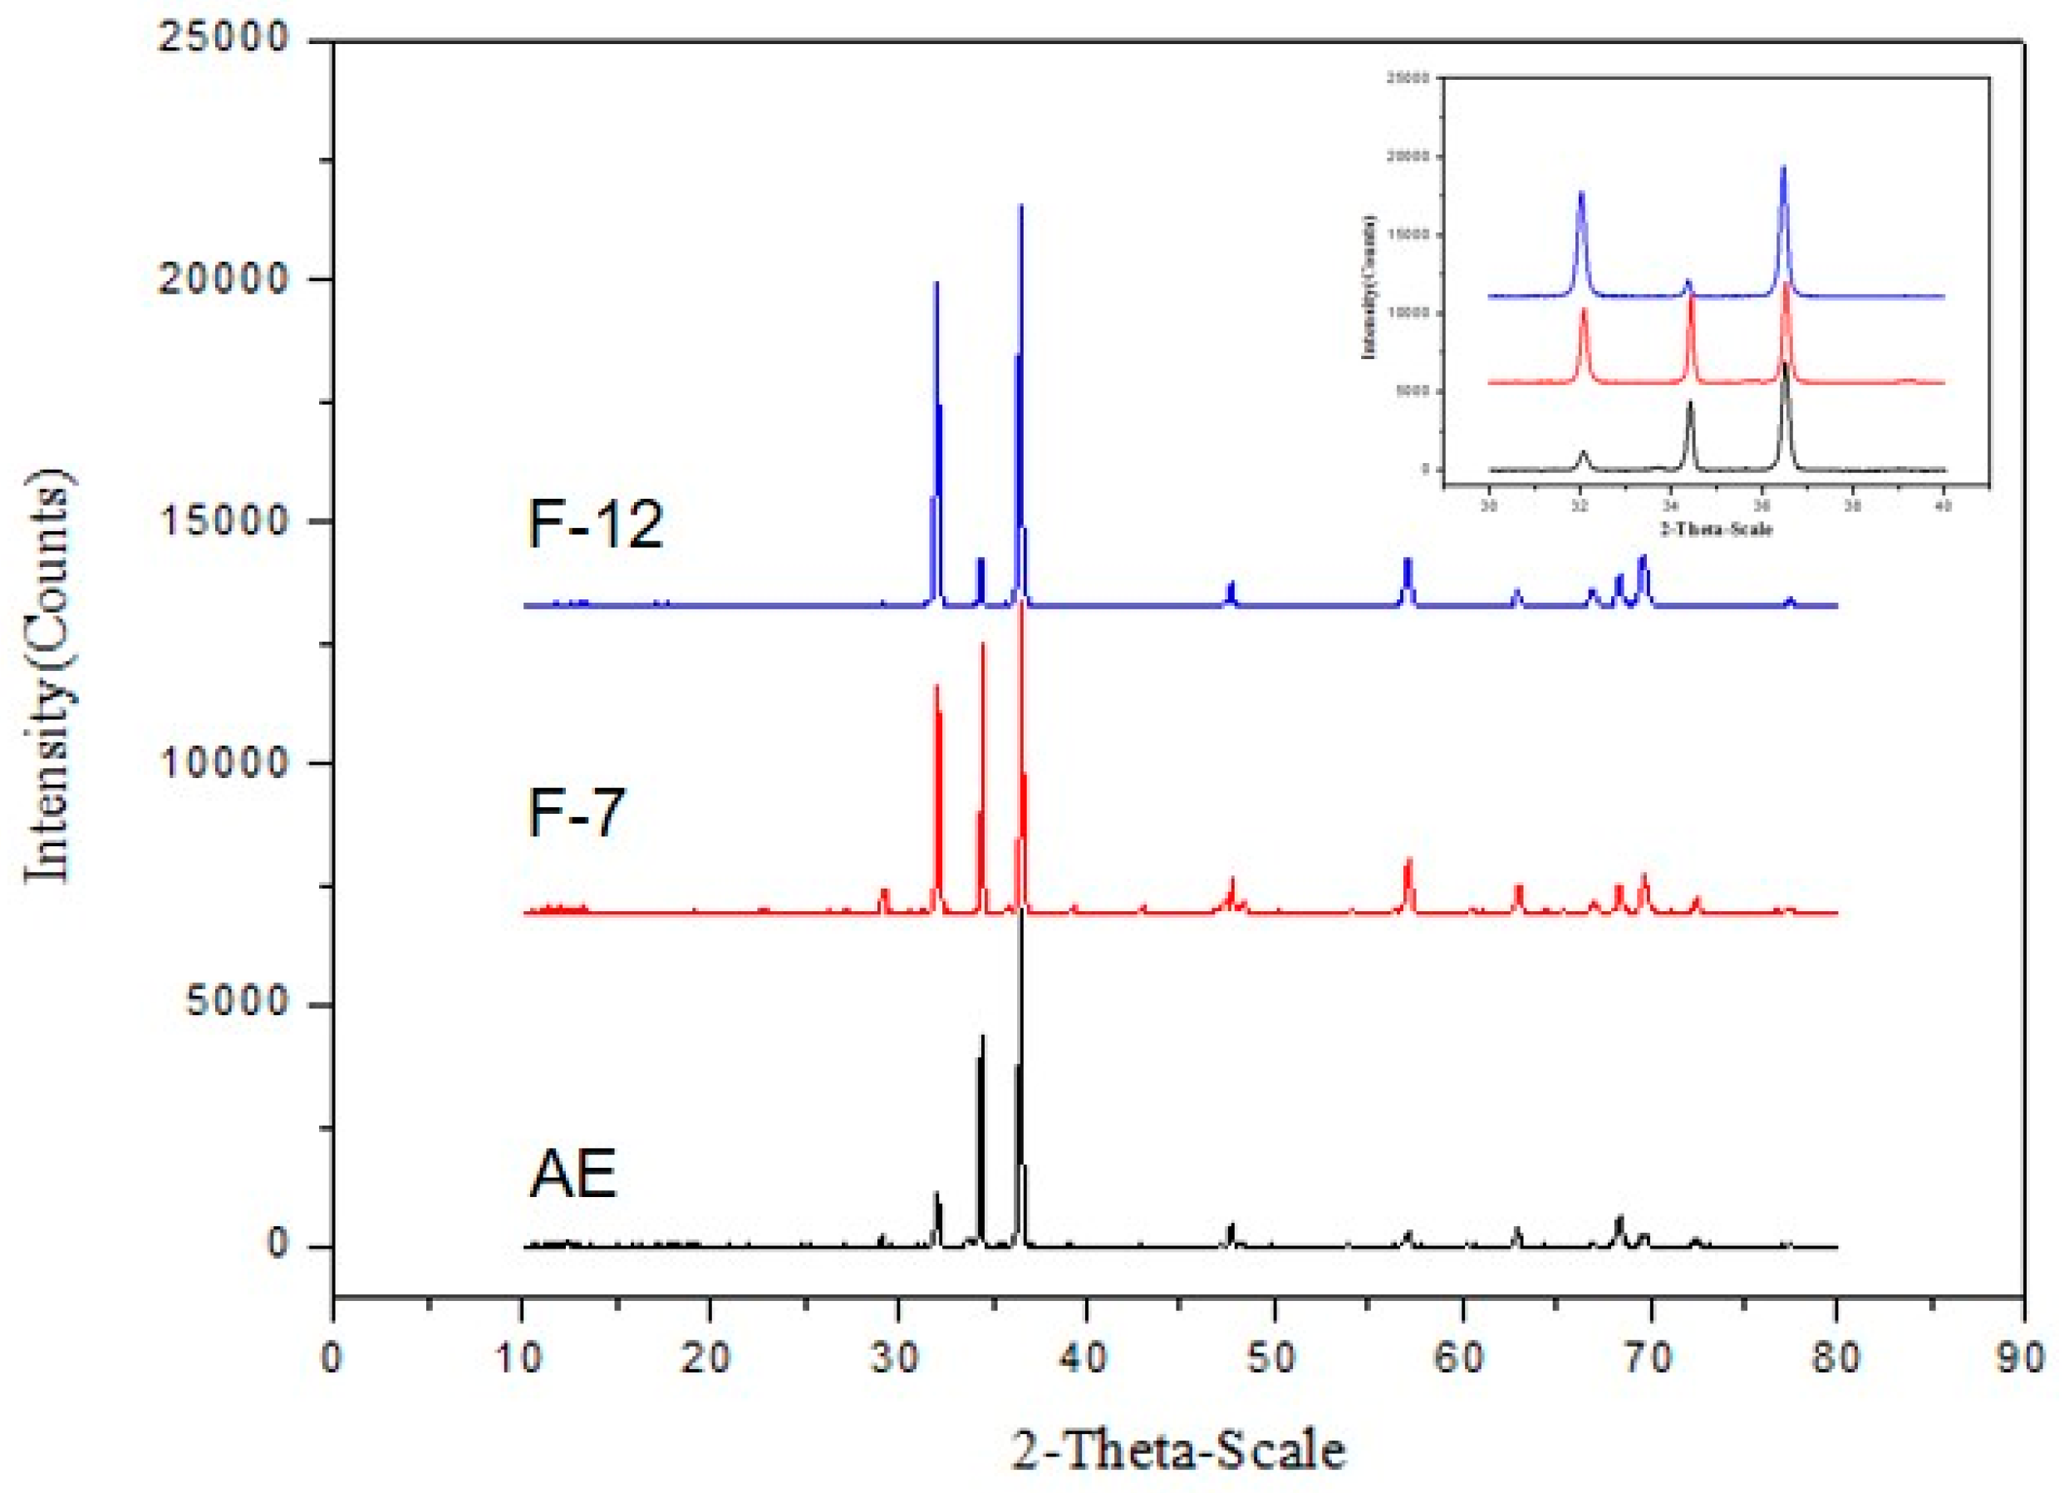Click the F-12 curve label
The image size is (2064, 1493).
pyautogui.click(x=596, y=525)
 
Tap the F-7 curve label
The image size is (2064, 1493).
pyautogui.click(x=577, y=812)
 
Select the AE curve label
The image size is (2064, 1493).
pyautogui.click(x=573, y=1174)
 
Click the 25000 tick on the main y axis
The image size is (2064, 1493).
pyautogui.click(x=224, y=39)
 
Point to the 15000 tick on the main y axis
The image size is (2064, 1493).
pyautogui.click(x=224, y=522)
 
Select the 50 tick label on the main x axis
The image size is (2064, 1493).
pyautogui.click(x=1273, y=1359)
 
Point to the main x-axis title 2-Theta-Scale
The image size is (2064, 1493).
pyautogui.click(x=1178, y=1451)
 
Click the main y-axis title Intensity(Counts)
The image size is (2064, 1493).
pyautogui.click(x=47, y=678)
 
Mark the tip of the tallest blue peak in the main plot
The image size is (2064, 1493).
pyautogui.click(x=1021, y=205)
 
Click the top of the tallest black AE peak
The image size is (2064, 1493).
pyautogui.click(x=1021, y=910)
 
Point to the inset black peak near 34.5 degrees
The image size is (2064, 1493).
pyautogui.click(x=1691, y=402)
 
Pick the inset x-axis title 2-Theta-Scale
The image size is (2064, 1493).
pyautogui.click(x=1717, y=528)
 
